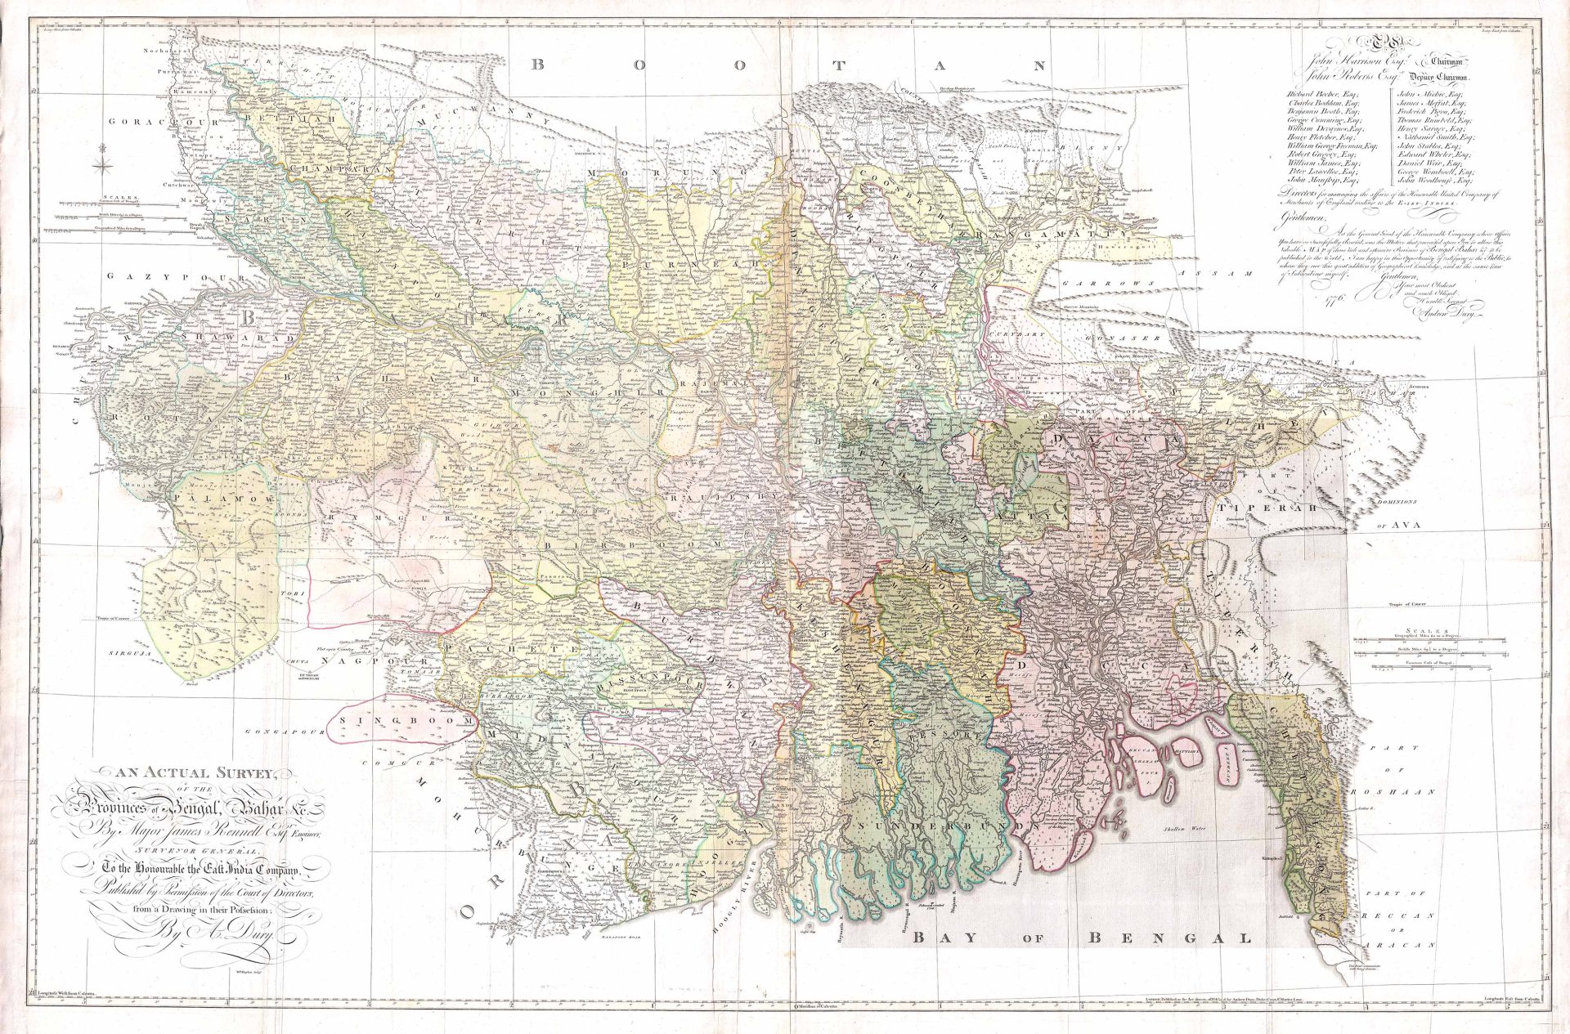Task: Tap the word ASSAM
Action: [1226, 275]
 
